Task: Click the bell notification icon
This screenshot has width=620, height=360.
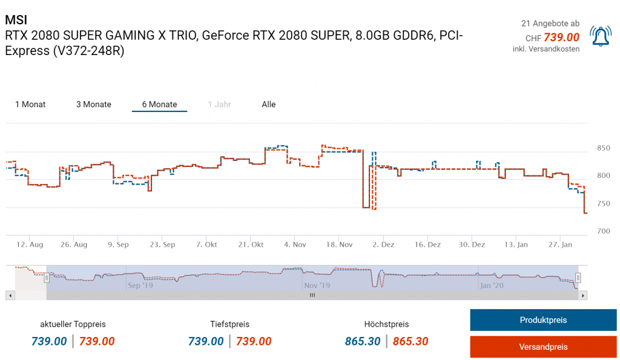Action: (601, 36)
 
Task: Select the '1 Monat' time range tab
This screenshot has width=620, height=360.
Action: (30, 105)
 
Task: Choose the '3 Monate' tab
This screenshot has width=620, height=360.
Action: (94, 105)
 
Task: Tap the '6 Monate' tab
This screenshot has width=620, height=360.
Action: (159, 105)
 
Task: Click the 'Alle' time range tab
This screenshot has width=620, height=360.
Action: (269, 105)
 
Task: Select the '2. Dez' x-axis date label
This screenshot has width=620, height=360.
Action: (384, 244)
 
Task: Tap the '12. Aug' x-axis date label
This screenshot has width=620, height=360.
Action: (30, 244)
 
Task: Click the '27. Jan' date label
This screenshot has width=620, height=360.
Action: (559, 244)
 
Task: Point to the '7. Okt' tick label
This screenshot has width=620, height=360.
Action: (206, 244)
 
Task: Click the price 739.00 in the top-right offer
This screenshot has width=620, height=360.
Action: (561, 38)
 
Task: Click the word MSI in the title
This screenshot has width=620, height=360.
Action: (16, 20)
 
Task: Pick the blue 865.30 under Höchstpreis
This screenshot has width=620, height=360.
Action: (363, 342)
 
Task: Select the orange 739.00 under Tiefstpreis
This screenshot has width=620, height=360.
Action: (254, 342)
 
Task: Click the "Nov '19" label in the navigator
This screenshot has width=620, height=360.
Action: (317, 285)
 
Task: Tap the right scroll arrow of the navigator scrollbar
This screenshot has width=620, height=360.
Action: (583, 295)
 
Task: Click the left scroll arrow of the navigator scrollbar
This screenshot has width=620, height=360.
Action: (9, 295)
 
